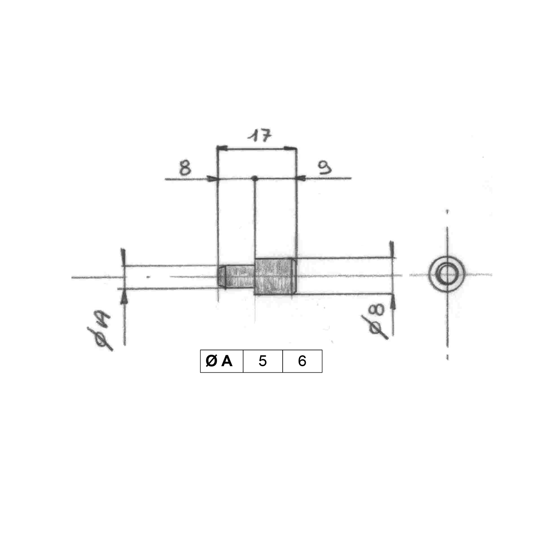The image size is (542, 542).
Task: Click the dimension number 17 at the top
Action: (x=260, y=135)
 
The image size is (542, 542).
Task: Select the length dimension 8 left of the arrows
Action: (x=185, y=168)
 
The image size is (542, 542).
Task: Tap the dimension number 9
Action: (x=325, y=167)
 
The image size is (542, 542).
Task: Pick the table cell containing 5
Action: (x=263, y=361)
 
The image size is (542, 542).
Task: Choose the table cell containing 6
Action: (x=302, y=361)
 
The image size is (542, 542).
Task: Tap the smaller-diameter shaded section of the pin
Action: (x=239, y=277)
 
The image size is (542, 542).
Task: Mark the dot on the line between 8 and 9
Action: (x=255, y=178)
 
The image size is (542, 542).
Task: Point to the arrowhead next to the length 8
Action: (x=213, y=179)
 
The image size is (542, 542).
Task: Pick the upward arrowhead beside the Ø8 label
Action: (x=393, y=302)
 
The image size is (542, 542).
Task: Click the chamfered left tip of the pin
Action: (x=222, y=277)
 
